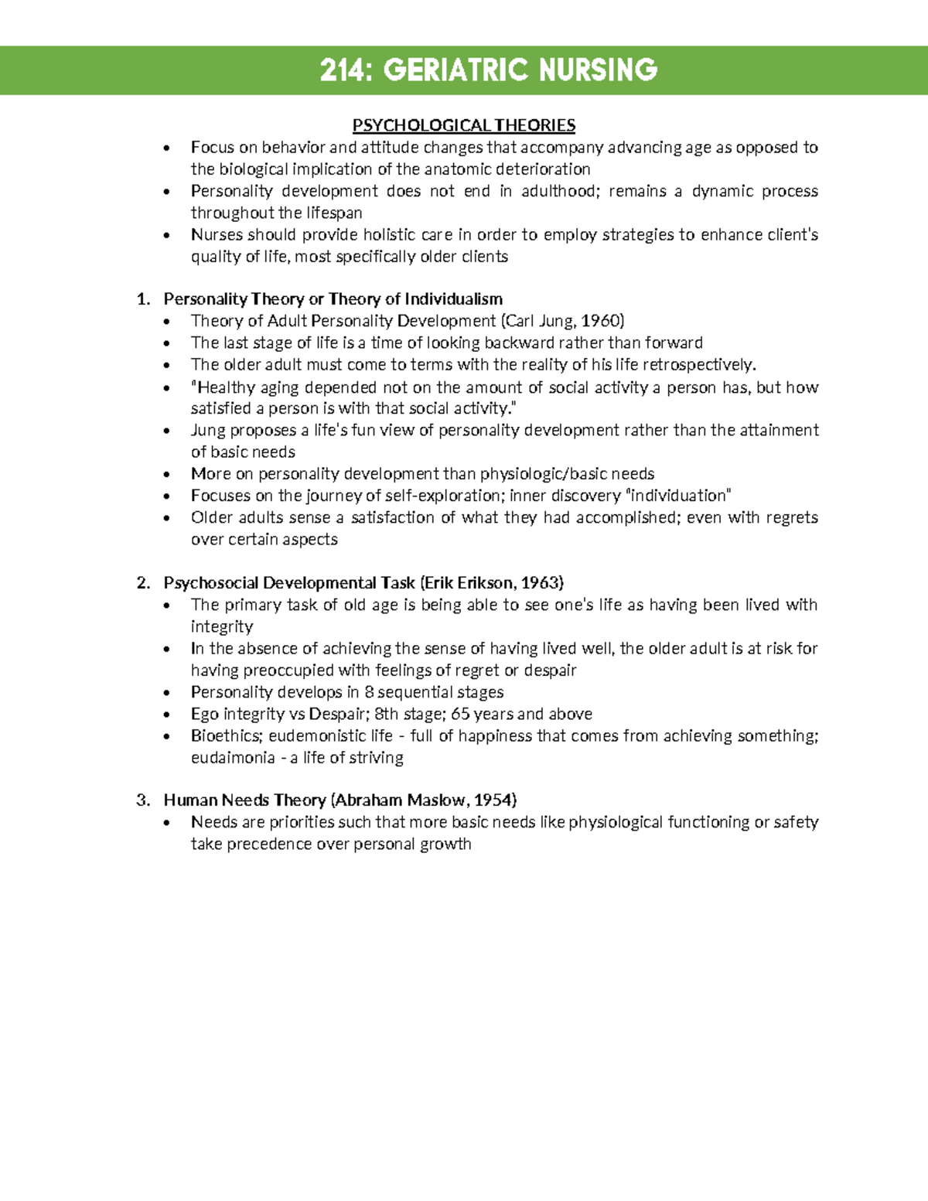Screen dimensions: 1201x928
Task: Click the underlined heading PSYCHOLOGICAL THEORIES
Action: [x=464, y=125]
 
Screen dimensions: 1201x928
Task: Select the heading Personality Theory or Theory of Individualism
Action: [x=333, y=299]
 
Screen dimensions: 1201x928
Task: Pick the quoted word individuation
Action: [x=677, y=496]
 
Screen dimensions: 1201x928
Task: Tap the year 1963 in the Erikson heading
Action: [x=541, y=583]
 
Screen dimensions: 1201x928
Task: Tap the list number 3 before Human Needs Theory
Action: [x=142, y=800]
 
